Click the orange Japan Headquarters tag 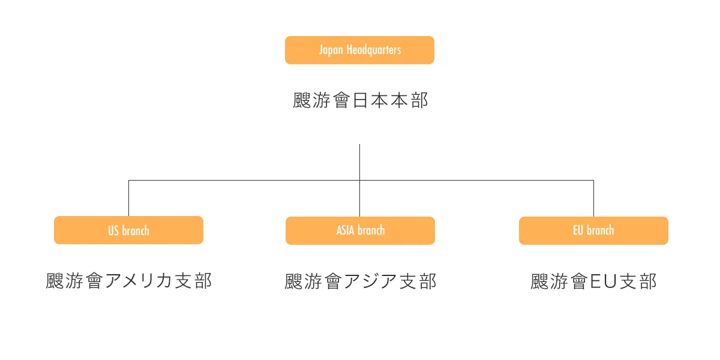tap(359, 50)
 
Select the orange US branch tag tap(128, 230)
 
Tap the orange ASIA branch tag tap(360, 230)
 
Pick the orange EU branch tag tap(593, 230)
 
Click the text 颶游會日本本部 tap(360, 100)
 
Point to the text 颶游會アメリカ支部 tap(128, 281)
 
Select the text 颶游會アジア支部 tap(360, 281)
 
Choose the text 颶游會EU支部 tap(593, 281)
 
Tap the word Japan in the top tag tap(331, 50)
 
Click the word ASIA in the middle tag tap(346, 230)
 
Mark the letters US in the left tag tap(113, 230)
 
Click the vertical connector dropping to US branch tap(127, 198)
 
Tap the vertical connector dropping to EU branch tap(593, 198)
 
